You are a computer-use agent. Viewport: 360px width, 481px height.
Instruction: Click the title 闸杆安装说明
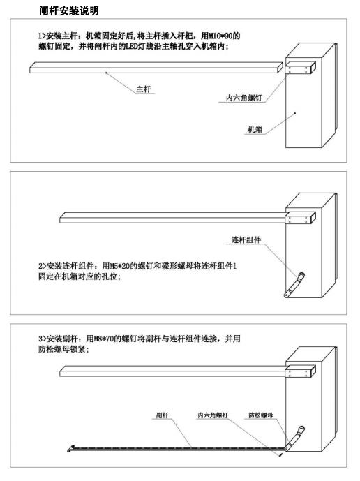pyautogui.click(x=69, y=10)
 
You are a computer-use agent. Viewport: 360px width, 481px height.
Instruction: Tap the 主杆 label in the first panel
pyautogui.click(x=144, y=89)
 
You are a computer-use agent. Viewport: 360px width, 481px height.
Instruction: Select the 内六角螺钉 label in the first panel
pyautogui.click(x=244, y=98)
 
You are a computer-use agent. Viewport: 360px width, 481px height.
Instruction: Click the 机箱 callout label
pyautogui.click(x=255, y=129)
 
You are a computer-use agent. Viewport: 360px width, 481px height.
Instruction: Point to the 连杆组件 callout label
pyautogui.click(x=246, y=239)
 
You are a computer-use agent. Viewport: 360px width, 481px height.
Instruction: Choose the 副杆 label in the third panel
pyautogui.click(x=163, y=415)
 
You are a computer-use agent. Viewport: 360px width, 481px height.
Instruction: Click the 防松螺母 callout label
pyautogui.click(x=261, y=415)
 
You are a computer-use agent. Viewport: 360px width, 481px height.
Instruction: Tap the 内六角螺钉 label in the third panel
pyautogui.click(x=213, y=415)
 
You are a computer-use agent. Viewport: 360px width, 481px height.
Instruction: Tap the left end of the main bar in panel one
pyautogui.click(x=30, y=68)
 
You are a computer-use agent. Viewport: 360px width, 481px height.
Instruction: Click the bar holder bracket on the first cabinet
pyautogui.click(x=300, y=68)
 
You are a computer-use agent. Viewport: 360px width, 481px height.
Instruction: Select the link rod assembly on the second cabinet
pyautogui.click(x=294, y=286)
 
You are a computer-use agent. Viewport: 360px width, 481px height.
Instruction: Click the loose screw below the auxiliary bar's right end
pyautogui.click(x=281, y=454)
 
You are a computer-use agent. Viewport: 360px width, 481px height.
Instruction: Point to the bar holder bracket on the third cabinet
pyautogui.click(x=300, y=371)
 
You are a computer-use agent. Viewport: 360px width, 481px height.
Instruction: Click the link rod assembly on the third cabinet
pyautogui.click(x=294, y=438)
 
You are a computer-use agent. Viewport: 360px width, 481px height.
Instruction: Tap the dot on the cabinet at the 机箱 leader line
pyautogui.click(x=295, y=113)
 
